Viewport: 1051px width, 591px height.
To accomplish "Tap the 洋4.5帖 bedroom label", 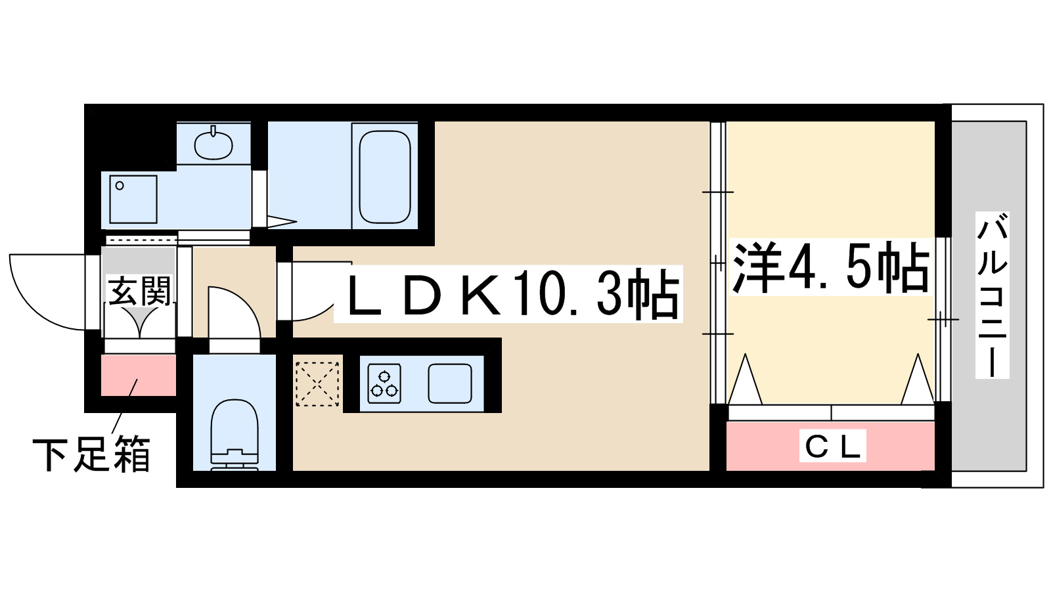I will coord(830,267).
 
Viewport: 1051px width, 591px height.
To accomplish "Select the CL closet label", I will coord(832,447).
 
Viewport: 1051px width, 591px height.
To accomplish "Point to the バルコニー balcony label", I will coord(991,295).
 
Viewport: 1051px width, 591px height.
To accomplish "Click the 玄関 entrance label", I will coord(139,292).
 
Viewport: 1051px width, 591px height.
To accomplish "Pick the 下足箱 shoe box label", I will coord(91,454).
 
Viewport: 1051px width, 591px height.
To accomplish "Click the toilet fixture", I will coord(234,434).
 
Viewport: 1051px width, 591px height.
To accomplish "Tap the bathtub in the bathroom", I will coord(385,176).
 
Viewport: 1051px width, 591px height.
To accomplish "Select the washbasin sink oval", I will coord(213,144).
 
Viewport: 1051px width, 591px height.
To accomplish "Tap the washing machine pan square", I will coord(133,199).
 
